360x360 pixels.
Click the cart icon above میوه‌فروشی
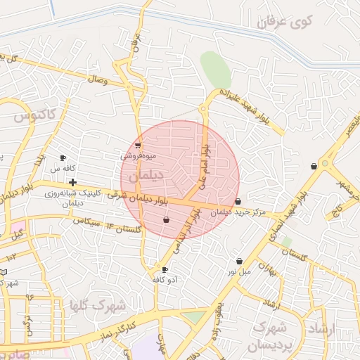click(138, 146)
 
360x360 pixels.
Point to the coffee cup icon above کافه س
click(63, 158)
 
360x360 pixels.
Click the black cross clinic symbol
click(72, 182)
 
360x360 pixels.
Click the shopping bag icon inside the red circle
click(166, 220)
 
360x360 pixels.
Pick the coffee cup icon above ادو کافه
click(165, 269)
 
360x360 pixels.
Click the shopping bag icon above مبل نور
click(239, 261)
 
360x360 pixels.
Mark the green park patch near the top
click(215, 69)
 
